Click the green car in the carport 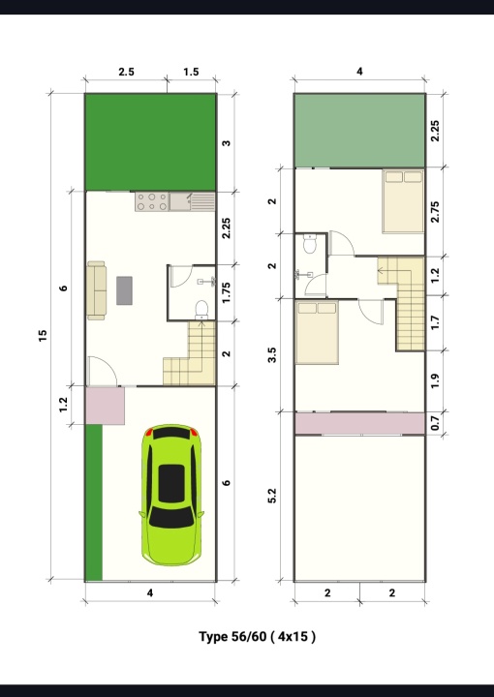[x=171, y=495]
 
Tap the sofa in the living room [x=96, y=290]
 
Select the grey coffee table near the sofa [x=124, y=290]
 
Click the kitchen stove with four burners [x=152, y=201]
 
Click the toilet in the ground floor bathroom [x=201, y=310]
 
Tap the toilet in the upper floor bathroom [x=309, y=244]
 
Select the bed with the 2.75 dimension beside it [x=403, y=201]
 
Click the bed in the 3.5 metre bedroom [x=317, y=332]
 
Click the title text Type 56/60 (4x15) [x=257, y=637]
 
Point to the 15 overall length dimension [x=43, y=336]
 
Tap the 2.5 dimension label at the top [x=126, y=72]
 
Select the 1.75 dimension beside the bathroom [x=227, y=293]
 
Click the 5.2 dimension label [x=272, y=496]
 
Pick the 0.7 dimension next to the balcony [x=435, y=423]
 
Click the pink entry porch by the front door [x=105, y=406]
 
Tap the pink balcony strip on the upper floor [x=359, y=423]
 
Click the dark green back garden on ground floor [x=150, y=142]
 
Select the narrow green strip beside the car [x=94, y=502]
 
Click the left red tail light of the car [x=149, y=432]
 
